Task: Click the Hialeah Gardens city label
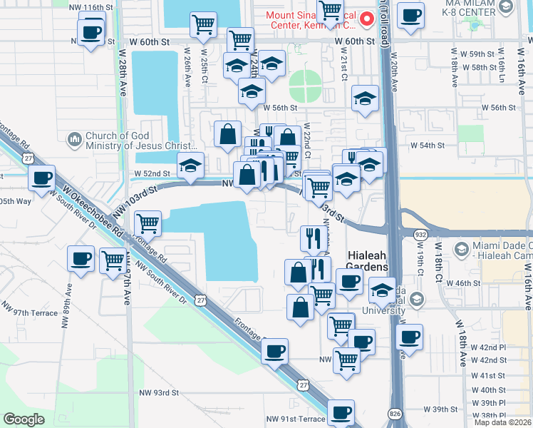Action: click(368, 260)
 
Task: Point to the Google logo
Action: click(24, 419)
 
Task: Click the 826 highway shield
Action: click(395, 414)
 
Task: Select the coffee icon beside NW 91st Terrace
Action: click(341, 412)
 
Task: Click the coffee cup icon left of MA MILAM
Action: click(410, 15)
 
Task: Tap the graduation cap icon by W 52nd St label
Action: click(190, 165)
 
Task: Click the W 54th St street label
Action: click(427, 145)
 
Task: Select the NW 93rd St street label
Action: click(158, 393)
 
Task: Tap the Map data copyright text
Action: click(502, 422)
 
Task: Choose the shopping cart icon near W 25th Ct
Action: click(204, 24)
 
